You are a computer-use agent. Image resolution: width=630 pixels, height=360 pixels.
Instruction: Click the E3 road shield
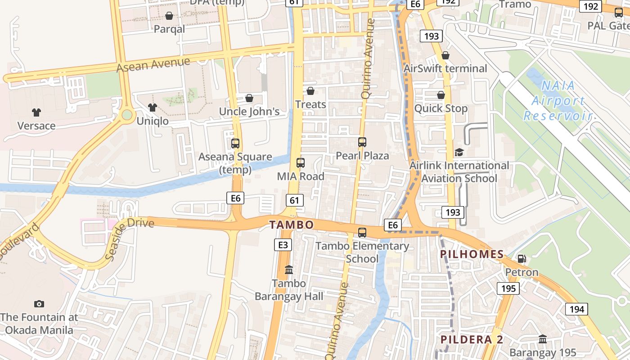tap(283, 245)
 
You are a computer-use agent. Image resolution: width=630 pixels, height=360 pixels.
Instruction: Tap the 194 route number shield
tap(576, 309)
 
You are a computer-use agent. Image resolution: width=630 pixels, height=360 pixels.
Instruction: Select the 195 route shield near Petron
tap(508, 288)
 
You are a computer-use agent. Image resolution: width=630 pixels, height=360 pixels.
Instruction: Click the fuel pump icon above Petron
tap(522, 259)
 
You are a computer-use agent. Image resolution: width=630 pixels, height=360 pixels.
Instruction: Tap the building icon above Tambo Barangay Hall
tap(289, 270)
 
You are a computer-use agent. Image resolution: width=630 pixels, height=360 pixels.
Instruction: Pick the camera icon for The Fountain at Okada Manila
tap(39, 304)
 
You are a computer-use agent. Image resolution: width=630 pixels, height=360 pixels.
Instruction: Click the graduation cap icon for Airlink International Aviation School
tap(459, 153)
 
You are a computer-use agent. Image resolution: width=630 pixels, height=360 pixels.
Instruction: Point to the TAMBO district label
tap(291, 225)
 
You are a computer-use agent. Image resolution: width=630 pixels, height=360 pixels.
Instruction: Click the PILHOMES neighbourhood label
tap(472, 254)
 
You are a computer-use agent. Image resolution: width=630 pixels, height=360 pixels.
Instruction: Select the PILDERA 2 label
tap(472, 339)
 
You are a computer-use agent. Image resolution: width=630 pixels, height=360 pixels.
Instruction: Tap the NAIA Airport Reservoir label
tap(557, 100)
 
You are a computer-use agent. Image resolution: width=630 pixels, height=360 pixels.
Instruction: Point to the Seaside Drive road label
tap(130, 238)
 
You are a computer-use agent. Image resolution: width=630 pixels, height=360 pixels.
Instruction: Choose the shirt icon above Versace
tap(36, 112)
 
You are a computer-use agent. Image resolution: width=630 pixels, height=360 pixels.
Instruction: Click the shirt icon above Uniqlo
tap(153, 108)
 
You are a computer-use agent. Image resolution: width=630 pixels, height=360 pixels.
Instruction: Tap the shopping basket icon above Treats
tap(310, 91)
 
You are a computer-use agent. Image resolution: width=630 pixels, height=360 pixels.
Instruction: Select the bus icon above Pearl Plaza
tap(362, 142)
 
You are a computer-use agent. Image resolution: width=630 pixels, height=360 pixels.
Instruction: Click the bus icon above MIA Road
tap(301, 163)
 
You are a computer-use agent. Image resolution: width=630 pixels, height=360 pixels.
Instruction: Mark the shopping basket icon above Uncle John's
tap(249, 98)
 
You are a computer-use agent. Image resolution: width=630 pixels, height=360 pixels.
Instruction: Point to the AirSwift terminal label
tap(445, 68)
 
